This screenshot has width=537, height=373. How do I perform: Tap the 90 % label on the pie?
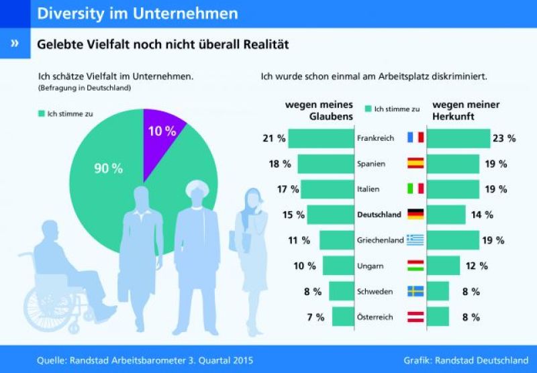click(107, 168)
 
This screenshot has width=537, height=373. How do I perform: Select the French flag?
click(416, 138)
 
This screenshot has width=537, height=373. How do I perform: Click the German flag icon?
click(416, 215)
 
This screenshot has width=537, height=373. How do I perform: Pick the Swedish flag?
click(416, 291)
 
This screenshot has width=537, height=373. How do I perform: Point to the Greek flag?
click(416, 240)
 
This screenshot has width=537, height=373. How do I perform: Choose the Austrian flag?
click(416, 317)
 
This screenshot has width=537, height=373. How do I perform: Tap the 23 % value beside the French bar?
click(505, 138)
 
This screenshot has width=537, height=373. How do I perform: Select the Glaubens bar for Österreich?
click(343, 317)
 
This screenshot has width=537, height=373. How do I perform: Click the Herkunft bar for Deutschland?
click(446, 215)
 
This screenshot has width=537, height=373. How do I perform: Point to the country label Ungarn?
click(371, 266)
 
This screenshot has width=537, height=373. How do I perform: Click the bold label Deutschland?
click(379, 215)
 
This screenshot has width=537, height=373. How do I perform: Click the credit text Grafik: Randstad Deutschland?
click(466, 360)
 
